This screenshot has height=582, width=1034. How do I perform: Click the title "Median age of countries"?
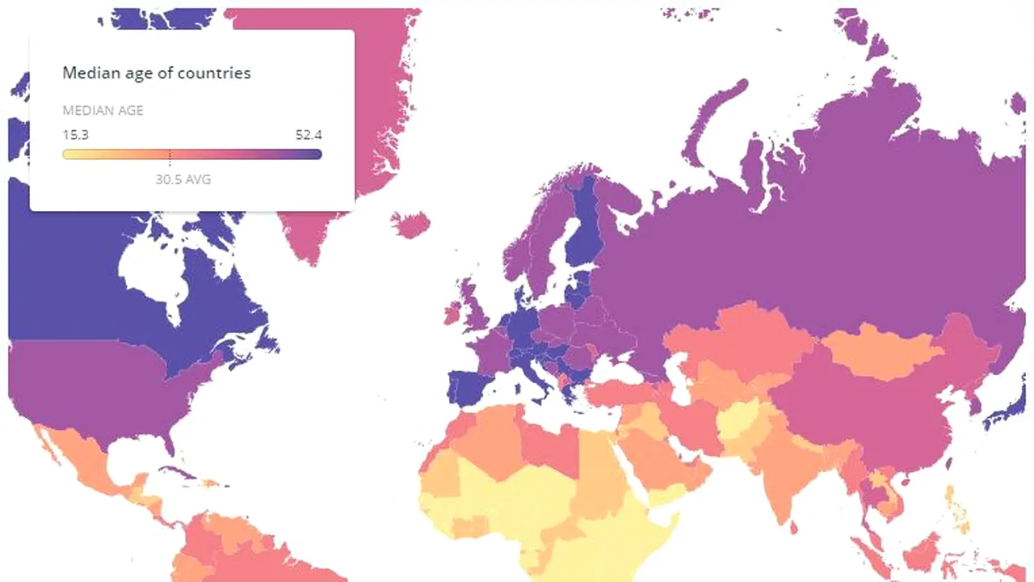coord(157,73)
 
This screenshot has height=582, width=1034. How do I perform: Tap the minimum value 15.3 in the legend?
coord(75,135)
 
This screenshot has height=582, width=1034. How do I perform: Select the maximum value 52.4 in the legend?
coord(308,135)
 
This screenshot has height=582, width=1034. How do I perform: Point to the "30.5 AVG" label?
coord(183,179)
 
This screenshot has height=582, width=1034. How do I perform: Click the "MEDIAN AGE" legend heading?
coord(103,110)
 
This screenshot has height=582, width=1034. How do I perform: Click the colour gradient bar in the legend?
coord(192,154)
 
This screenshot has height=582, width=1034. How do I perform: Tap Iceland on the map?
coord(410,224)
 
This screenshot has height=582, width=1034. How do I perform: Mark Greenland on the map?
coord(339,121)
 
